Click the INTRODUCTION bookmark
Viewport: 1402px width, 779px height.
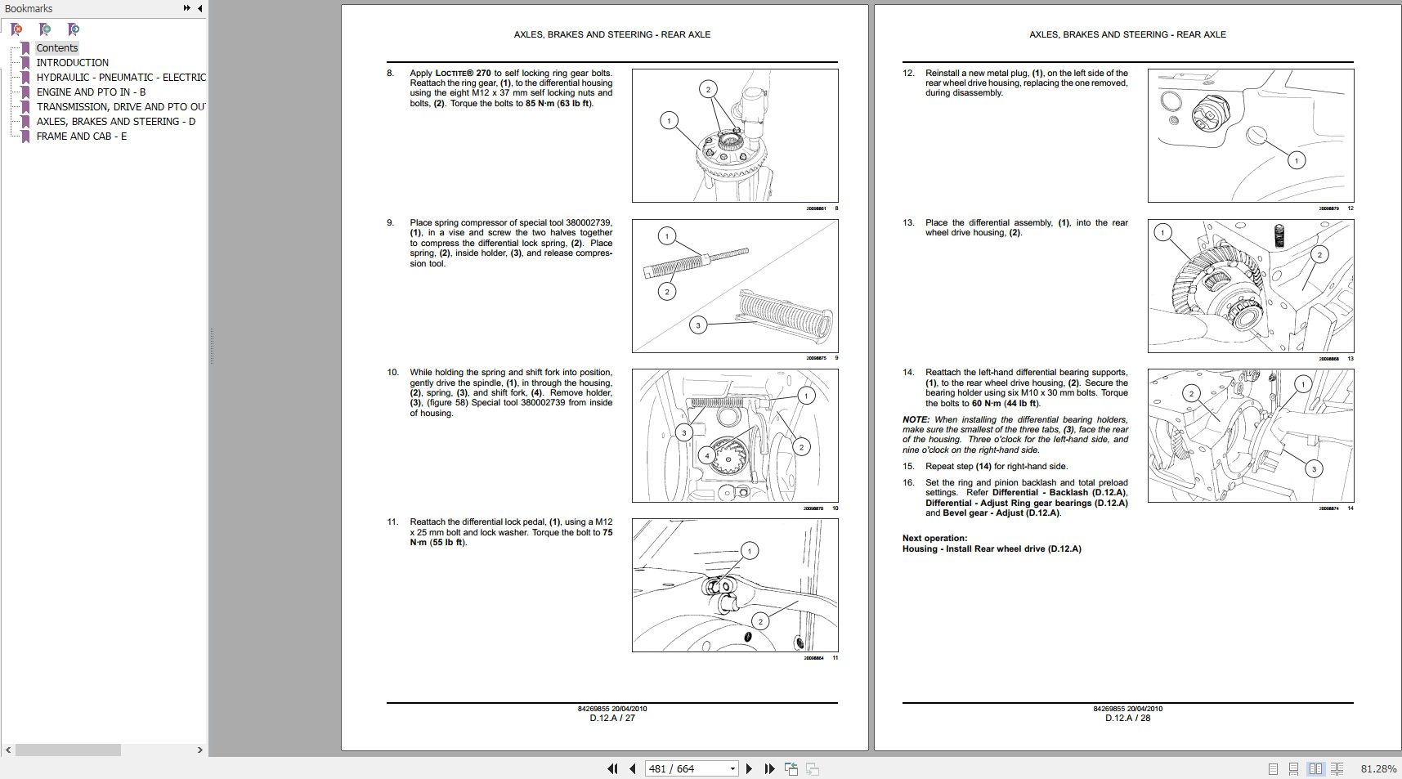point(72,63)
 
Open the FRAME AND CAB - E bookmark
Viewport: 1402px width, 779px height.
point(81,137)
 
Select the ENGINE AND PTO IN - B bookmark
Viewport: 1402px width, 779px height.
point(91,92)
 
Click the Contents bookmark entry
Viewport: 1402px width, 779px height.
point(57,48)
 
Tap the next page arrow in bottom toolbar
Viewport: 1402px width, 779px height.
point(749,769)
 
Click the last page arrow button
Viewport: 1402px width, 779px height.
point(769,769)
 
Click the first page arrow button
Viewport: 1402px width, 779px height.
point(611,769)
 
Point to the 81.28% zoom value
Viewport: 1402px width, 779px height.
point(1378,769)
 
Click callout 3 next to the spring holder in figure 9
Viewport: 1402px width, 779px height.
point(697,325)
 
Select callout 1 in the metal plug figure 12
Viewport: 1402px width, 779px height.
point(1296,160)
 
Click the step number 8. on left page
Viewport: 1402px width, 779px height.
point(390,74)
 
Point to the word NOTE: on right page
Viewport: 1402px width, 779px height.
point(916,420)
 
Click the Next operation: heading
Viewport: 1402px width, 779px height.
point(934,539)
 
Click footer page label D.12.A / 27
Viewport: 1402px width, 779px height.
point(612,719)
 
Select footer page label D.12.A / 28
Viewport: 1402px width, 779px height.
point(1127,719)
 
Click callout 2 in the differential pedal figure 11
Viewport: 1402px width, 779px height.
point(760,621)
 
